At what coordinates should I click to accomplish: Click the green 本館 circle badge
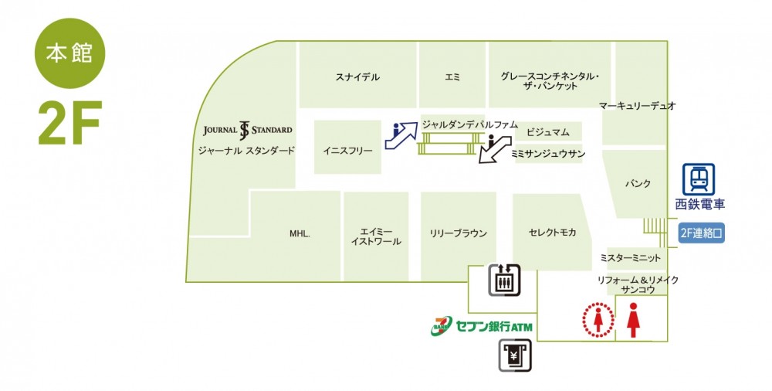click(70, 53)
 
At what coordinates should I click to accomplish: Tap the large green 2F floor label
click(70, 124)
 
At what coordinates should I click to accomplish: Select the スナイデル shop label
click(358, 77)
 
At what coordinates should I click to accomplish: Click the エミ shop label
click(452, 77)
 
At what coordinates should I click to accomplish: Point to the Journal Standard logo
click(248, 130)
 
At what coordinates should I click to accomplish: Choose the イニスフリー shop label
click(347, 151)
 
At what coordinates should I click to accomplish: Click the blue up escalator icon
click(401, 135)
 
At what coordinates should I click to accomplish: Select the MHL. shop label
click(300, 234)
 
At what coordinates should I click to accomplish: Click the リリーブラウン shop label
click(459, 233)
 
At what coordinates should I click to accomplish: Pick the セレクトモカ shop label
click(553, 233)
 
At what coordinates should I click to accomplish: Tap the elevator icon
click(504, 280)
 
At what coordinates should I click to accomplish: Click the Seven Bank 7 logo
click(442, 326)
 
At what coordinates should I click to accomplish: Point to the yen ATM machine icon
click(514, 355)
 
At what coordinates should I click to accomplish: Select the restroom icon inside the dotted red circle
click(598, 320)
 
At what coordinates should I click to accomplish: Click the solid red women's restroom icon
click(633, 320)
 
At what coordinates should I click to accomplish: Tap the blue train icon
click(699, 179)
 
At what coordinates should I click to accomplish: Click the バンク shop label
click(638, 183)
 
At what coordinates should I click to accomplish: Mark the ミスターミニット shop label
click(630, 257)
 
